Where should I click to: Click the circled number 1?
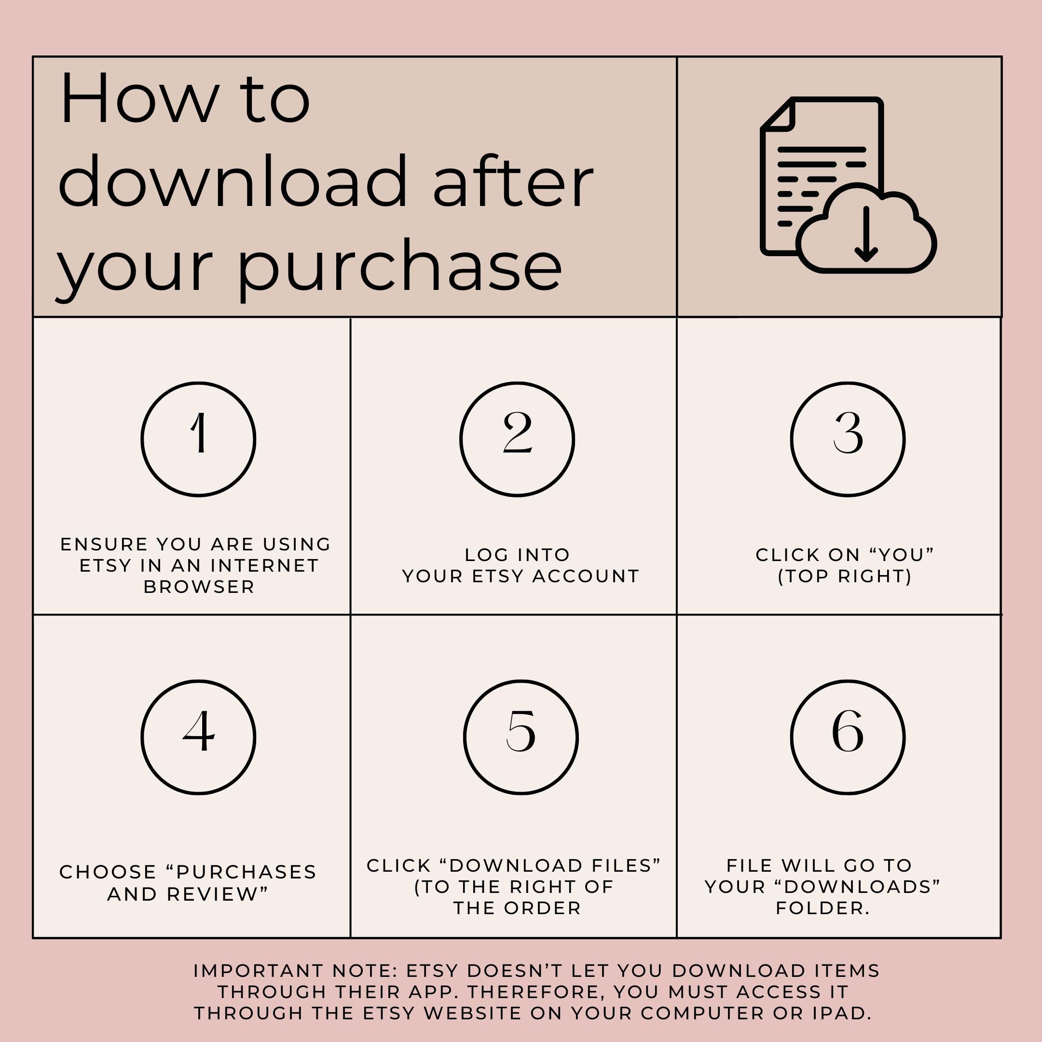click(x=198, y=439)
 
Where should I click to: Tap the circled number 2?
click(x=517, y=439)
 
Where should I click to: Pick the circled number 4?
click(x=198, y=737)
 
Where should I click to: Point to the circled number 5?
click(x=521, y=737)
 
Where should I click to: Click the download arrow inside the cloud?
click(x=866, y=234)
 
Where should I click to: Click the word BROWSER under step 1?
click(x=199, y=587)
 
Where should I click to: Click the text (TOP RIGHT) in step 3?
click(x=845, y=576)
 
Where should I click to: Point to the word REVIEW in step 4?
click(x=218, y=894)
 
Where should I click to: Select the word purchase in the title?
click(x=399, y=267)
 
